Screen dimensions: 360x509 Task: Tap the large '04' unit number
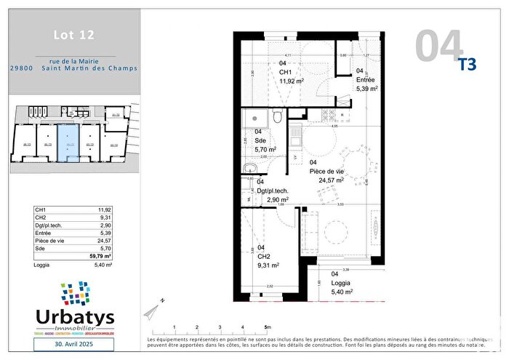(439, 44)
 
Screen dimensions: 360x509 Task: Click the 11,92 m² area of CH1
(292, 81)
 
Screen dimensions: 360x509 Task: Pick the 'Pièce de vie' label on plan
(326, 171)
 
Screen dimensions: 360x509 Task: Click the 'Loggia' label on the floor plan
(341, 282)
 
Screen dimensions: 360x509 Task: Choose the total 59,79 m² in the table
(99, 256)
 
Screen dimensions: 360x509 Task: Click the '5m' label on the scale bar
(268, 328)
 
